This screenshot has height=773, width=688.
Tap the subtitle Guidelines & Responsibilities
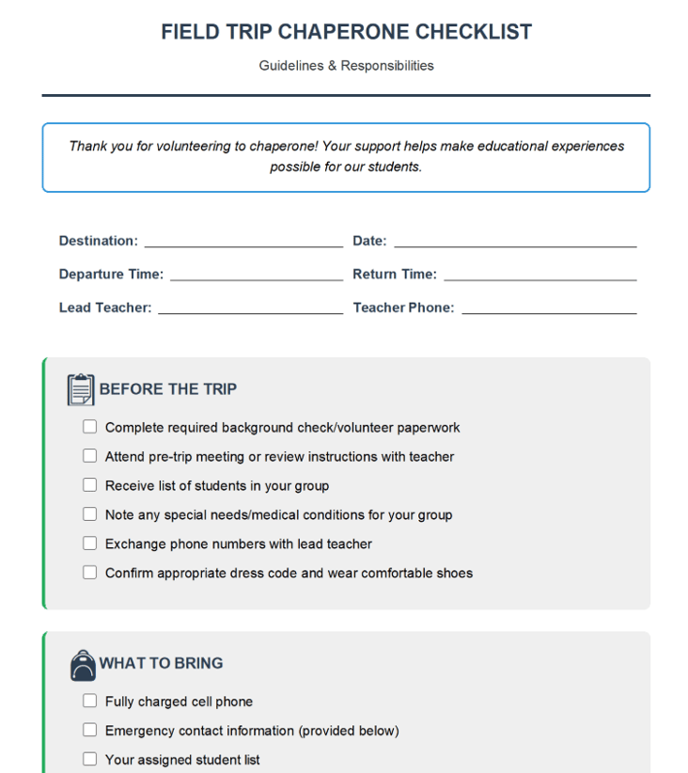click(x=346, y=66)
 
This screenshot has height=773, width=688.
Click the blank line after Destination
click(x=243, y=243)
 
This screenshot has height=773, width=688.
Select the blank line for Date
click(x=515, y=243)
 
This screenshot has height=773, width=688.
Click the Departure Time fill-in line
click(x=257, y=276)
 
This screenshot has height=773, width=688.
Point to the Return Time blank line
click(x=540, y=276)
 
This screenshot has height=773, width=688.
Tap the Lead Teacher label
click(x=105, y=308)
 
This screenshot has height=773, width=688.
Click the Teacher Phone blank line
click(x=549, y=308)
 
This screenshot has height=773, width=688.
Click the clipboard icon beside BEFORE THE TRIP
click(x=81, y=389)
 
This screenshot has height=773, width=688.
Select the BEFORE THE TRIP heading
click(x=168, y=389)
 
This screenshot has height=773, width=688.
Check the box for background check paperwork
click(x=89, y=427)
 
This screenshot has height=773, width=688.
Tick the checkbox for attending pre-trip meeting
click(x=89, y=456)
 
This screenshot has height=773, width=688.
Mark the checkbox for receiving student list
click(x=89, y=485)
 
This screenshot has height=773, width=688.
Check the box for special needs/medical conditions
click(x=89, y=514)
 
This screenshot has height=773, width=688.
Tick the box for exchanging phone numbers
click(x=89, y=544)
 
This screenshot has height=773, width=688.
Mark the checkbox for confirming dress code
click(x=89, y=573)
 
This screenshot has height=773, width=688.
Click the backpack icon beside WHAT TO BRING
click(x=83, y=665)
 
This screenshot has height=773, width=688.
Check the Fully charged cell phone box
click(x=89, y=702)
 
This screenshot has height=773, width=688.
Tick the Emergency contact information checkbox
click(x=89, y=731)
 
